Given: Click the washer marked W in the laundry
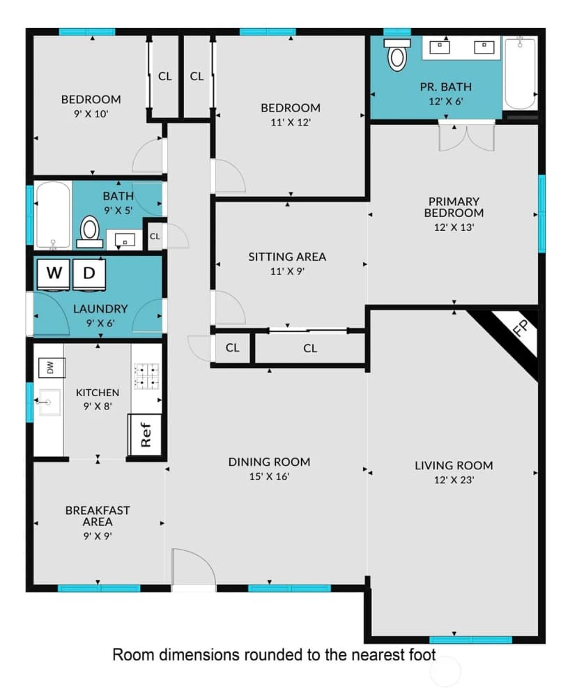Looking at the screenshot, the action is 54,274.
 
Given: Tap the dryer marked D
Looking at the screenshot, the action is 89,274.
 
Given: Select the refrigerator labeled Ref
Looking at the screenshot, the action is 145,435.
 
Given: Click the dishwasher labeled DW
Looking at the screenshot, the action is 52,368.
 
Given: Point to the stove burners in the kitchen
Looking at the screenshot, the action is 146,376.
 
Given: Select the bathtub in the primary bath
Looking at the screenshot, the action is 520,73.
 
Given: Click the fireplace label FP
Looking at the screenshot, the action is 521,328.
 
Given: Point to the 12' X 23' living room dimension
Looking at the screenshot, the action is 454,480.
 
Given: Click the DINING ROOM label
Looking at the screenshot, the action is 269,462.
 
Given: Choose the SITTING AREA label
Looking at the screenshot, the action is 287,257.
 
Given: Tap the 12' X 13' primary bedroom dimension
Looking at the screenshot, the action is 454,227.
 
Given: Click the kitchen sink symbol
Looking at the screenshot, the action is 48,402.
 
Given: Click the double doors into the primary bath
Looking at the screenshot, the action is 466,135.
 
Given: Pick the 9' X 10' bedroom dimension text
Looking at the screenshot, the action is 91,114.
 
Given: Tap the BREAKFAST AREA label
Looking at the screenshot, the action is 98,516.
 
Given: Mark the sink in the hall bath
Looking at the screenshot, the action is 125,240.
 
